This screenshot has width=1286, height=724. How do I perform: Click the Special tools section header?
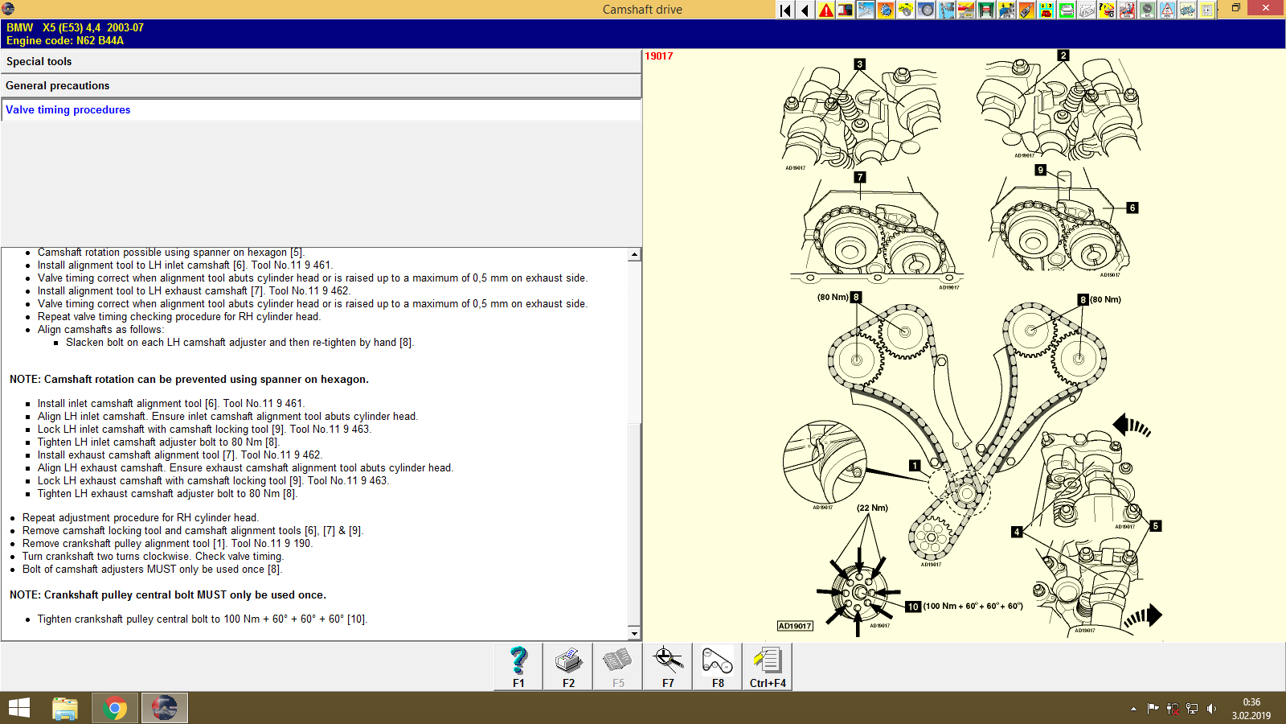39,62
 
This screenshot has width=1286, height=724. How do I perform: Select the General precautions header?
57,86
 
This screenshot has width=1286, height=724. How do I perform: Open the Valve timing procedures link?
68,110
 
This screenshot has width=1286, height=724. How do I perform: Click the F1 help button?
518,666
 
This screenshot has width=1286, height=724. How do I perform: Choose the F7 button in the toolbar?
668,666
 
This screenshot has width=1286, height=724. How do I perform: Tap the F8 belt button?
718,666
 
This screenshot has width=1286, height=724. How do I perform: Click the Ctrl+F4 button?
768,666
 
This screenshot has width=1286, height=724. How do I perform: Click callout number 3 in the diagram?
859,64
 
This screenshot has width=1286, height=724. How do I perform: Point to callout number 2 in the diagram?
1063,56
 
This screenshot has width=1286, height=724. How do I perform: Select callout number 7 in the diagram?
860,177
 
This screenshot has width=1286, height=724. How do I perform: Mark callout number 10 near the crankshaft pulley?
913,607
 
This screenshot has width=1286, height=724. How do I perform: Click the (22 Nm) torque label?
872,508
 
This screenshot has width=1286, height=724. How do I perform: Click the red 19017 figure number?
659,56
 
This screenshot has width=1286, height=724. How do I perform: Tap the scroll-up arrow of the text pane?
634,254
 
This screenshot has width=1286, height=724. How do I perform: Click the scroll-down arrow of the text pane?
634,634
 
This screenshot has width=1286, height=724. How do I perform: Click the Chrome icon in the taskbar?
115,708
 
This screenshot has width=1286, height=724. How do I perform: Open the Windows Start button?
19,708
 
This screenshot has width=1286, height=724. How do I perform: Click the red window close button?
1266,8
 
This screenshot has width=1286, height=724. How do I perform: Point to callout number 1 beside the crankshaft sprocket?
914,466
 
